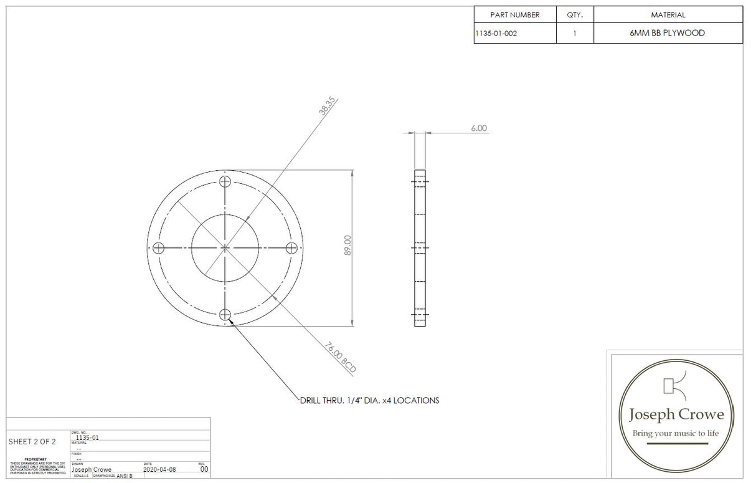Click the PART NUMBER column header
[514, 15]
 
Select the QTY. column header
[574, 15]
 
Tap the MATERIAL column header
[668, 15]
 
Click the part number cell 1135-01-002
[496, 34]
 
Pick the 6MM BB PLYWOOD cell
[667, 34]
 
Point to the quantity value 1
[574, 34]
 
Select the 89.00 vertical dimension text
[347, 246]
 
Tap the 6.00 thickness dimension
[478, 128]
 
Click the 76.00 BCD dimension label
[341, 357]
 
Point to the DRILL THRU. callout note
[369, 400]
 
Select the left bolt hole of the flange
[159, 248]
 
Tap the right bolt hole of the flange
[291, 248]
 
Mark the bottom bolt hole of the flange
[225, 314]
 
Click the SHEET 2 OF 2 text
[32, 442]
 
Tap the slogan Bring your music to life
[676, 433]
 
